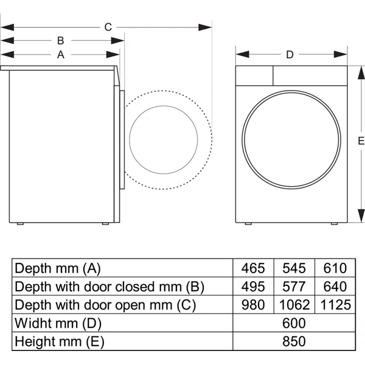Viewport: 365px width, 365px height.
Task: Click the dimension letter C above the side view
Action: (x=108, y=27)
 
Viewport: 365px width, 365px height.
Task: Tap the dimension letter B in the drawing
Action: (x=60, y=41)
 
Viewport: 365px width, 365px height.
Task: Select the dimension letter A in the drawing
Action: (x=60, y=54)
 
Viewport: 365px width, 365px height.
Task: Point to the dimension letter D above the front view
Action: (x=290, y=55)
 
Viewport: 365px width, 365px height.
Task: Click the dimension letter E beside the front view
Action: (x=360, y=141)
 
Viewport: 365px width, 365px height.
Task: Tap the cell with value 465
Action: (x=253, y=268)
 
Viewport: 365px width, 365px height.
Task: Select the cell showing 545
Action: (x=294, y=268)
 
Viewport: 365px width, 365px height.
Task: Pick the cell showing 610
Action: (x=334, y=268)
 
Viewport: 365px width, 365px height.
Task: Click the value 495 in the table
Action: (x=253, y=287)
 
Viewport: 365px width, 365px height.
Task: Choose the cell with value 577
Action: (x=294, y=287)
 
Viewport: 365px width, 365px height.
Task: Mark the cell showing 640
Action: (x=334, y=287)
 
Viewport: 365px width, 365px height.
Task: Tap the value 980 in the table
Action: (x=253, y=305)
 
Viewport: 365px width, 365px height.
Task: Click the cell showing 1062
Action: (x=294, y=305)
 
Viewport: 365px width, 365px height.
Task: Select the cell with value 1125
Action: (x=334, y=305)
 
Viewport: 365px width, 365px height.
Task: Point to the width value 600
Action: (x=293, y=323)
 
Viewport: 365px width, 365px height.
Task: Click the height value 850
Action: (x=293, y=341)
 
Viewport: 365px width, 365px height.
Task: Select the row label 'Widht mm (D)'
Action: (x=58, y=323)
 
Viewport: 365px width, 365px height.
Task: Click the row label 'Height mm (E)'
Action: (x=61, y=341)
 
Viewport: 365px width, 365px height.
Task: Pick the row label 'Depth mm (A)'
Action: (x=57, y=268)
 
